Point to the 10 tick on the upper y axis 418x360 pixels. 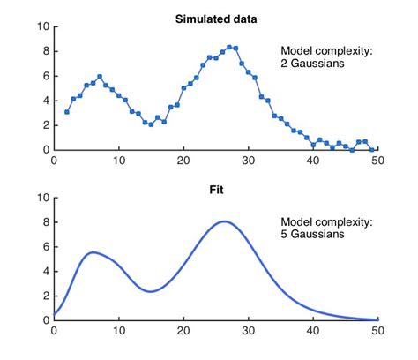(41, 26)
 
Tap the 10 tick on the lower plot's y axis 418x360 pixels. (41, 197)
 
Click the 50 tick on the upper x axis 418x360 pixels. (377, 161)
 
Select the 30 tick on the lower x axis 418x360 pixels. (248, 331)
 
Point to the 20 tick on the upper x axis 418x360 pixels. (183, 161)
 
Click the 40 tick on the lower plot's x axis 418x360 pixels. (312, 331)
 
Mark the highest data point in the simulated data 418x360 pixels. (229, 47)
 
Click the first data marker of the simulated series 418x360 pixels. (67, 112)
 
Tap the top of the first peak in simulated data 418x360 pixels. (100, 77)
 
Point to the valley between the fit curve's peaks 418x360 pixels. (151, 291)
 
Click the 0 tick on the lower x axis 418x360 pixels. (55, 331)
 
